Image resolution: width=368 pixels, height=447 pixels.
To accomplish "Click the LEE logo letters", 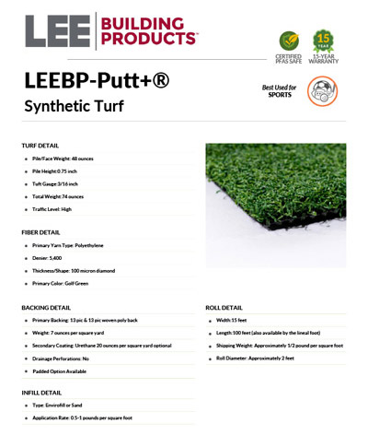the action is click(x=53, y=31).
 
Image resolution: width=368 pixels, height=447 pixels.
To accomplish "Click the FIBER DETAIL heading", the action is click(x=41, y=232).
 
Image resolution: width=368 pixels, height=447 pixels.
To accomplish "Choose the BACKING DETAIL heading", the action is click(x=46, y=307).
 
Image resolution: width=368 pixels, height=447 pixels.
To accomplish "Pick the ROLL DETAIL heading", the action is click(x=224, y=307).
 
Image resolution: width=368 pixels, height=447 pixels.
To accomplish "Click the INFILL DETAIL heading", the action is click(x=42, y=392).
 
